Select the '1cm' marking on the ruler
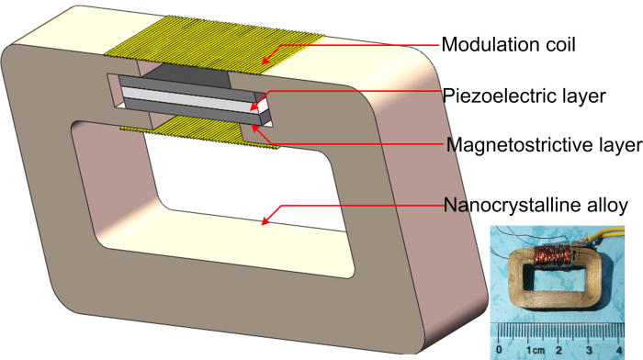pos(534,350)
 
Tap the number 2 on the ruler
pos(558,350)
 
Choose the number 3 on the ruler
pos(589,350)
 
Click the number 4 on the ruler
pos(620,350)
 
